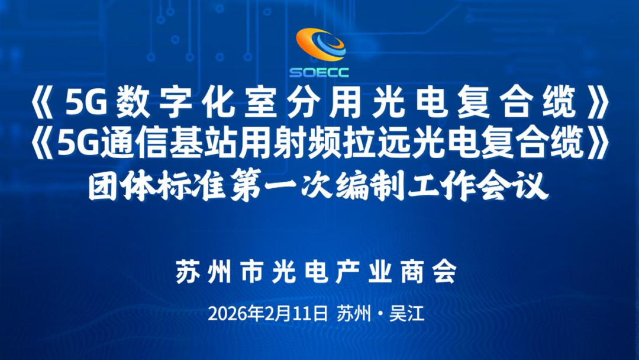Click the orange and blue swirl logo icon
[319, 46]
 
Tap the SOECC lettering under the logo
[319, 73]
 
